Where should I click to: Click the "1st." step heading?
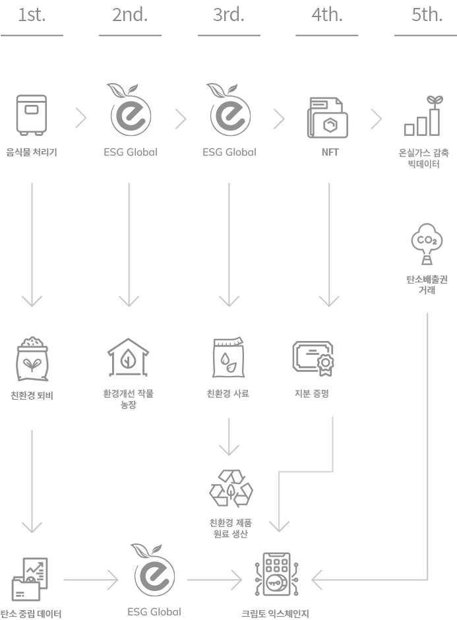pyautogui.click(x=32, y=15)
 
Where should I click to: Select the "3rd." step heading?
pyautogui.click(x=228, y=15)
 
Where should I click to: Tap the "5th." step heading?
pyautogui.click(x=427, y=15)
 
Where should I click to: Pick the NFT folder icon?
pyautogui.click(x=328, y=118)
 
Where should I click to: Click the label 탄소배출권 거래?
pyautogui.click(x=427, y=284)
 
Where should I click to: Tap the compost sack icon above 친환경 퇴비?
pyautogui.click(x=32, y=361)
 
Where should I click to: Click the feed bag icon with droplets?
pyautogui.click(x=228, y=358)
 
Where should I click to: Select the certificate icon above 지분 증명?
pyautogui.click(x=314, y=358)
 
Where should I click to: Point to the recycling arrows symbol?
pyautogui.click(x=230, y=489)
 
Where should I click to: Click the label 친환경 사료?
pyautogui.click(x=228, y=394)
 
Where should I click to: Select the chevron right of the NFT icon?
pyautogui.click(x=377, y=119)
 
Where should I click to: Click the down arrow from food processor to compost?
pyautogui.click(x=32, y=244)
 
